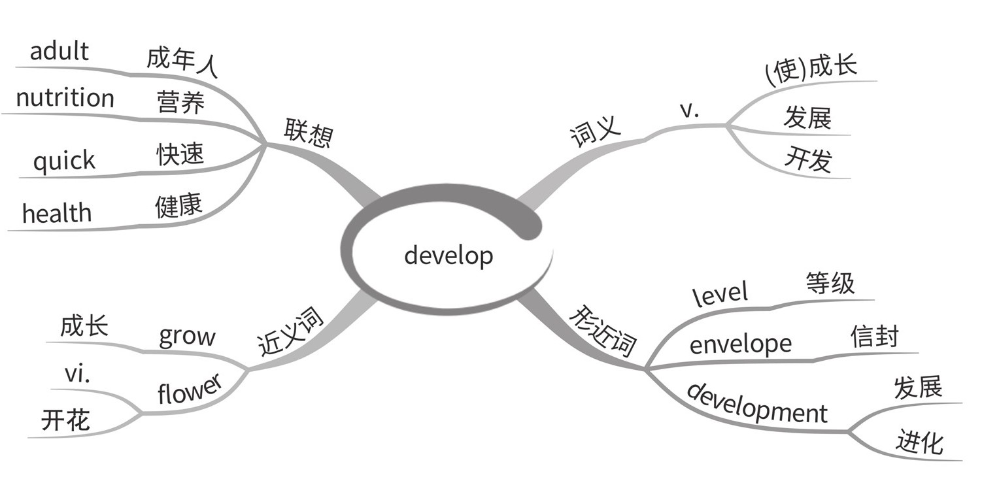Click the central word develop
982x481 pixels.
[449, 256]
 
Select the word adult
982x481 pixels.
[59, 52]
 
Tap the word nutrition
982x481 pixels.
[65, 98]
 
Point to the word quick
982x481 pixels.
[64, 161]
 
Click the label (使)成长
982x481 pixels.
[810, 70]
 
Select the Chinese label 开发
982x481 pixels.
[808, 159]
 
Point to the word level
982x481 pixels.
[720, 292]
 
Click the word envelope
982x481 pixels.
[740, 344]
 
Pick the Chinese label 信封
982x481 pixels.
[875, 337]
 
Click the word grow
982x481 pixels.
[187, 337]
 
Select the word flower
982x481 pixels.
[190, 390]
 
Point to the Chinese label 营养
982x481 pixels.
[180, 103]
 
